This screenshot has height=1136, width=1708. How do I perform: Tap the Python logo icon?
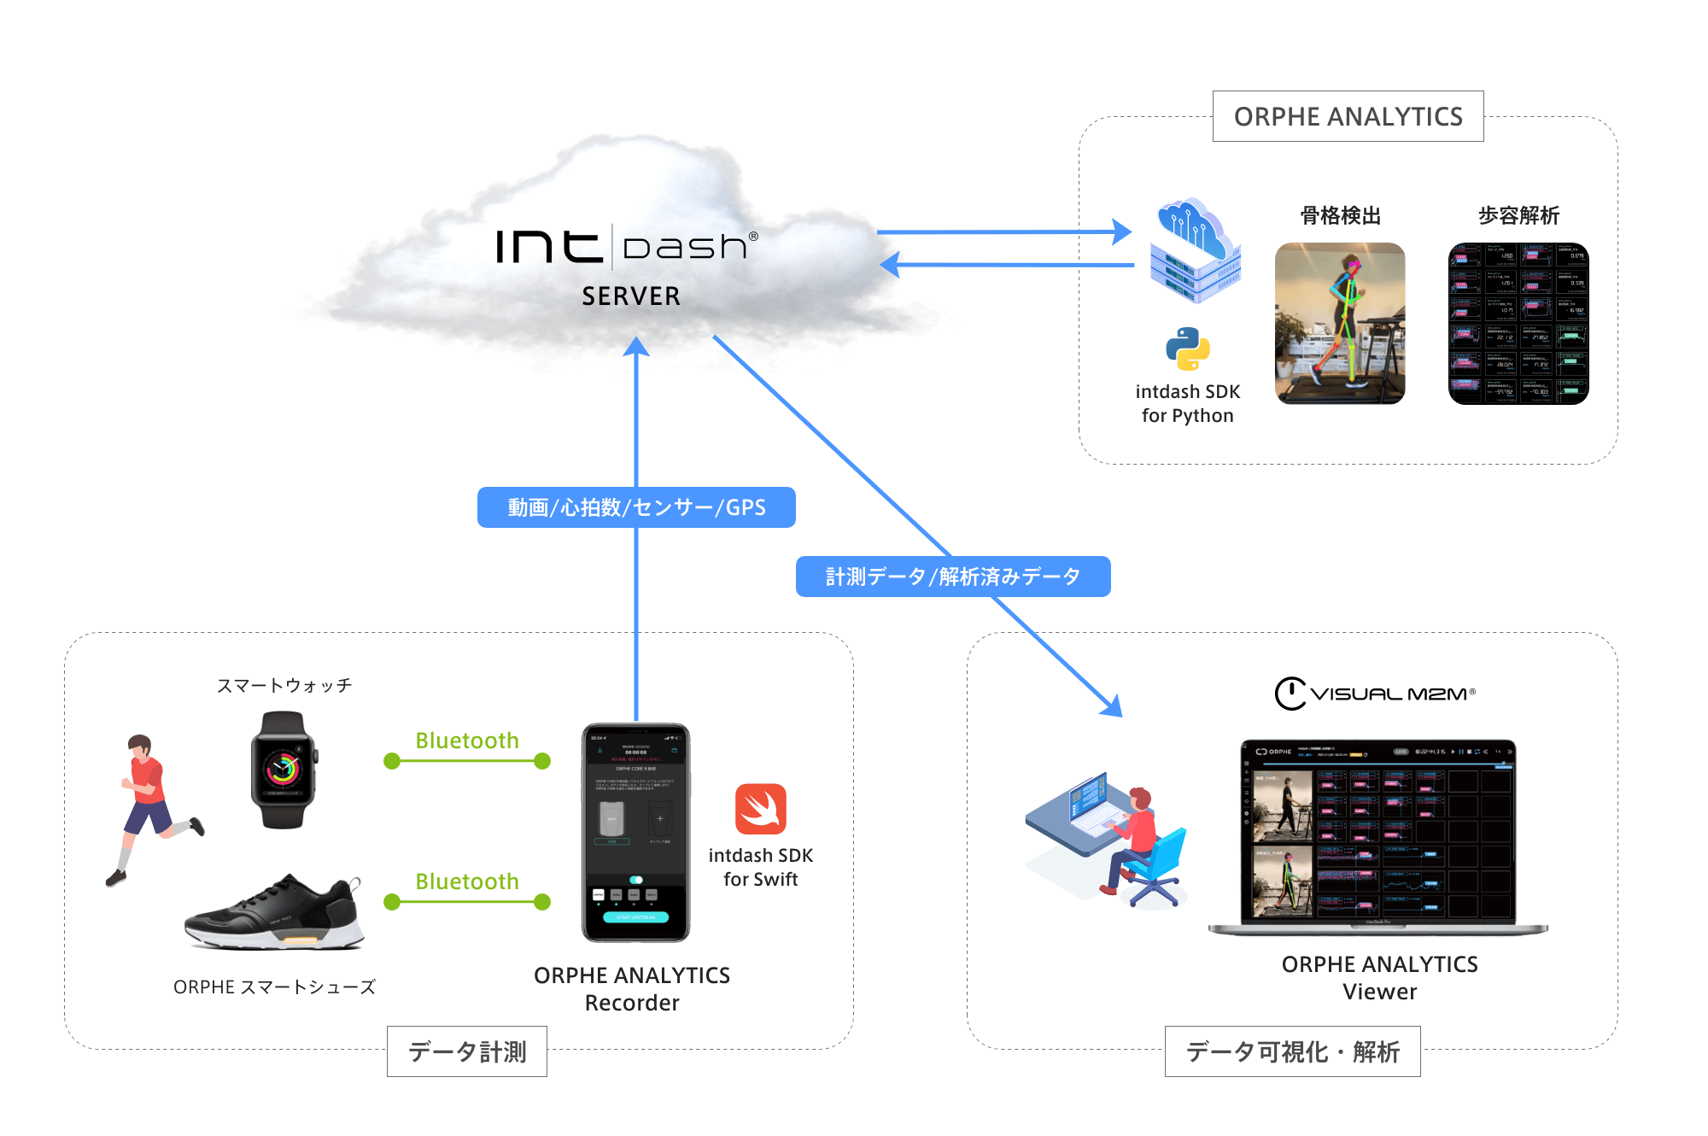coord(1187,348)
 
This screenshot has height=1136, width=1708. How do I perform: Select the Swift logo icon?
coord(760,809)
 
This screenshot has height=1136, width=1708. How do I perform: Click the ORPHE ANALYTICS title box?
coord(1348,116)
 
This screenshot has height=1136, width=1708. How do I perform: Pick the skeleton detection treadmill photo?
coord(1339,323)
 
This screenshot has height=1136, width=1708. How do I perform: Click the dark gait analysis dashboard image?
coord(1518,323)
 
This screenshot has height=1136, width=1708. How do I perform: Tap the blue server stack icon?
coord(1195,252)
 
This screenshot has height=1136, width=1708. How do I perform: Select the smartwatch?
coord(284,770)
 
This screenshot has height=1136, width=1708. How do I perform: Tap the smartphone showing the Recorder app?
coord(635,833)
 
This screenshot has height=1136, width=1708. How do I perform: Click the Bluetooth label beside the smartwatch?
coord(467,741)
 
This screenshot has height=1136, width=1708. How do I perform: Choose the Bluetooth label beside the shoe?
coord(467,881)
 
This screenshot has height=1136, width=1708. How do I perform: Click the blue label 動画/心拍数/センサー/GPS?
coord(636,507)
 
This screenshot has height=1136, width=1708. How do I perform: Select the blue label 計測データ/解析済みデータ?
coord(953,577)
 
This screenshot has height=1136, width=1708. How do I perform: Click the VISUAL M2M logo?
coord(1375,694)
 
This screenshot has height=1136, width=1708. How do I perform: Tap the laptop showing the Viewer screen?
coord(1378,837)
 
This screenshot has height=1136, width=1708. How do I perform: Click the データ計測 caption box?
coord(467,1051)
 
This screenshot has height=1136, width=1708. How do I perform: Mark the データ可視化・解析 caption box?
coord(1292,1051)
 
